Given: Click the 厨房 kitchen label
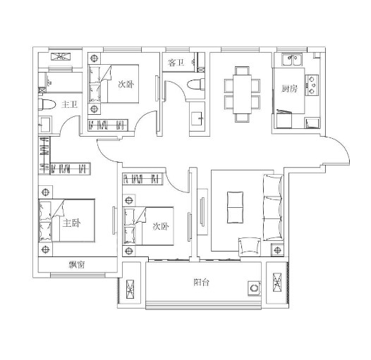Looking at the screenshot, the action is pyautogui.click(x=289, y=89).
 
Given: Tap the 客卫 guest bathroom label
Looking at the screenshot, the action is pyautogui.click(x=176, y=63).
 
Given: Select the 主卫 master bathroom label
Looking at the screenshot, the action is pyautogui.click(x=69, y=104).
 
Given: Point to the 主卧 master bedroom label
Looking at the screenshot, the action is pyautogui.click(x=71, y=223).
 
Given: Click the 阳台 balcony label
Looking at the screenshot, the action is pyautogui.click(x=201, y=283).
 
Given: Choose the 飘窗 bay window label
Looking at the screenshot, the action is pyautogui.click(x=77, y=265).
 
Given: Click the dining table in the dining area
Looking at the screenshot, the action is pyautogui.click(x=242, y=94).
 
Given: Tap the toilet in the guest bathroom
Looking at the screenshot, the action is pyautogui.click(x=195, y=85).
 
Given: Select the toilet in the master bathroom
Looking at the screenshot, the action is pyautogui.click(x=47, y=104).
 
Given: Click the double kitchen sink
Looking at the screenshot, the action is pyautogui.click(x=292, y=60).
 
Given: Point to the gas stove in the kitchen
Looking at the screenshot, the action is pyautogui.click(x=312, y=85).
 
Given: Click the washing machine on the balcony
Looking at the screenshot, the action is pyautogui.click(x=255, y=288).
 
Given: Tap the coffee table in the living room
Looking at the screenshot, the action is pyautogui.click(x=235, y=207).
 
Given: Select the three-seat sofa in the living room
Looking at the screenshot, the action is pyautogui.click(x=273, y=208).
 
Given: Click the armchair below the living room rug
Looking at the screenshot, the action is pyautogui.click(x=250, y=247).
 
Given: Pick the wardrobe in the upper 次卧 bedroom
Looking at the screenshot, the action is pyautogui.click(x=108, y=125).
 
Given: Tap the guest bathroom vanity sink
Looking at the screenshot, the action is pyautogui.click(x=197, y=118).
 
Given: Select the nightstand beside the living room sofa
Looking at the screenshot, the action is pyautogui.click(x=277, y=250).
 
